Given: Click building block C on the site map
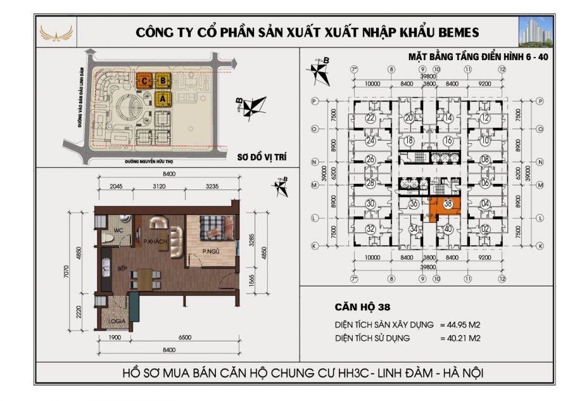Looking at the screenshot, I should point(145,80).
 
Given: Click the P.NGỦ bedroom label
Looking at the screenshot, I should point(210,251).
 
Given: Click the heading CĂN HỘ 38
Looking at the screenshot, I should point(361,308).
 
